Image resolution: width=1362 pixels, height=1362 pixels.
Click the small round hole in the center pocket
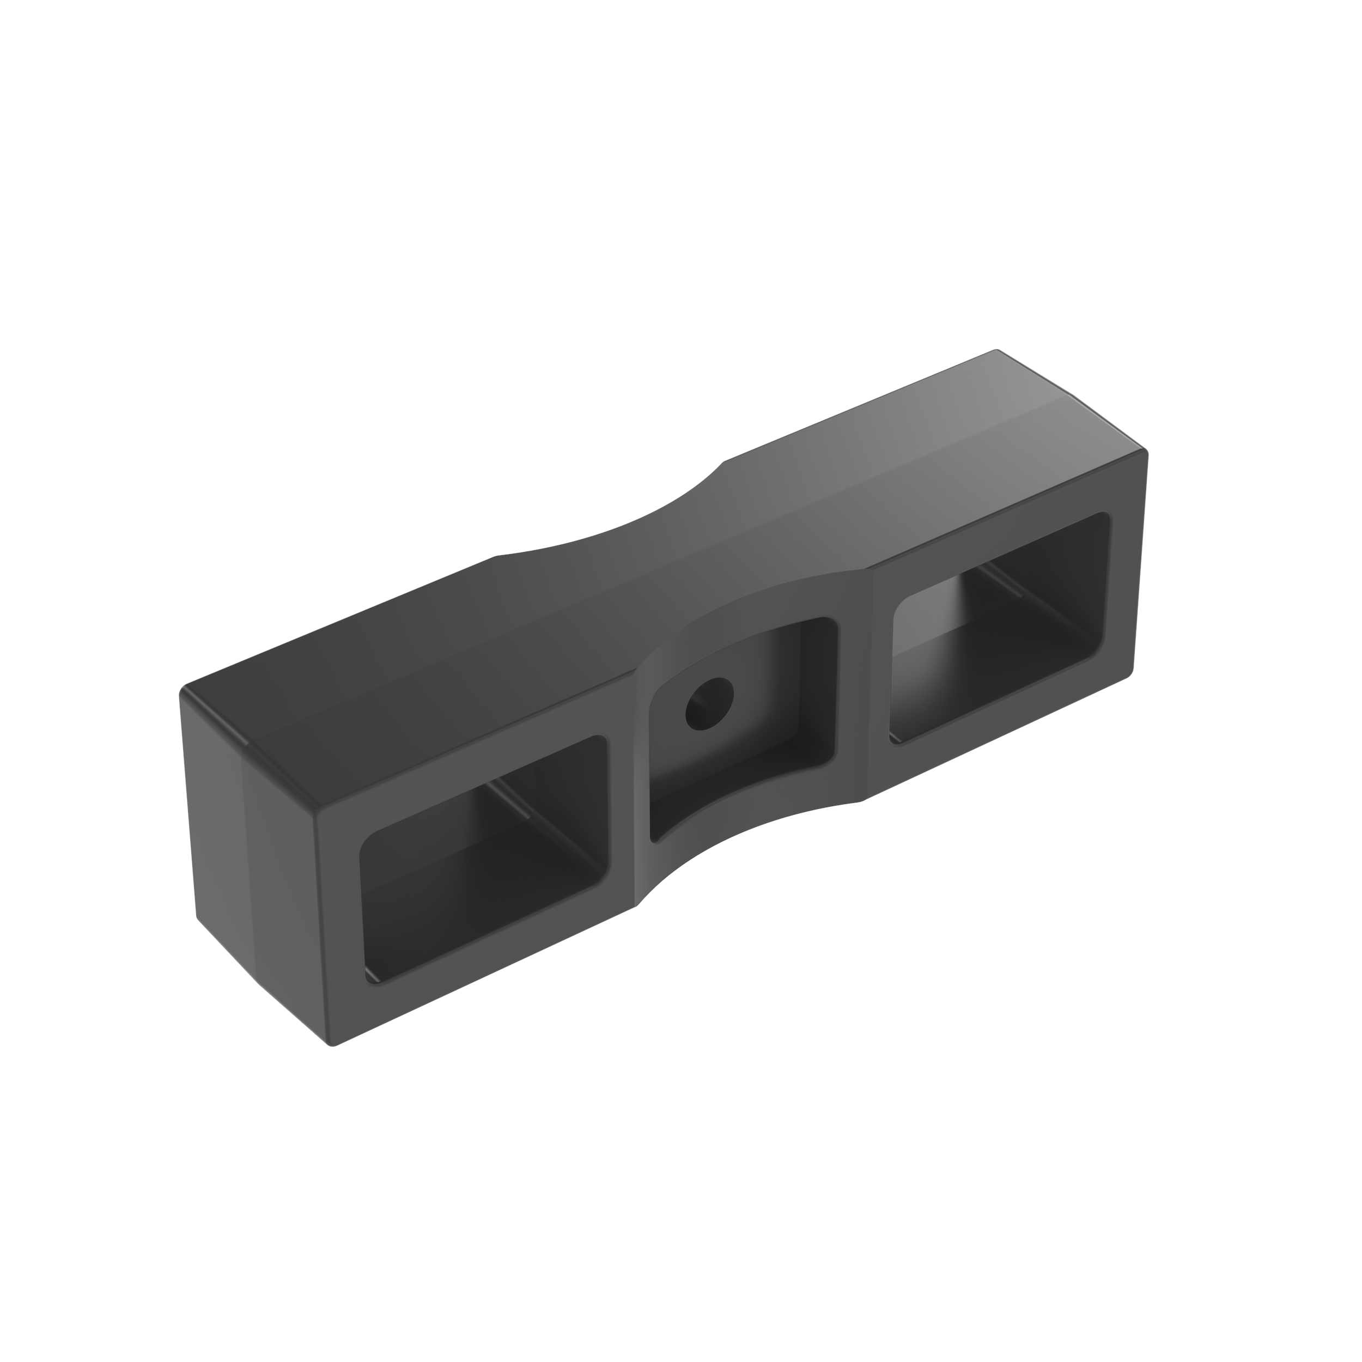coord(709,703)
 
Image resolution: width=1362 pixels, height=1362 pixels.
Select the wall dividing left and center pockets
coord(628,789)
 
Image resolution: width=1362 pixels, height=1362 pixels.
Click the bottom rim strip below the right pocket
coord(1001,726)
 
